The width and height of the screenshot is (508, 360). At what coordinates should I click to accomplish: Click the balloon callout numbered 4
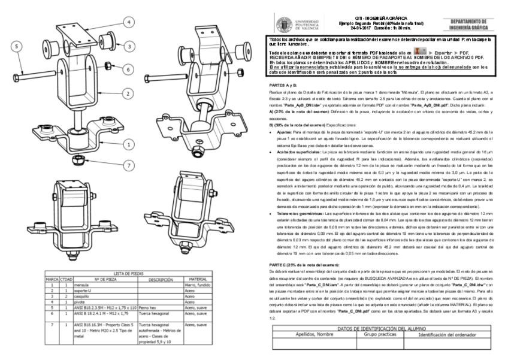[x=128, y=22]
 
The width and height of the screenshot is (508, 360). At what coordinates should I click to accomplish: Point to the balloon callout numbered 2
[x=127, y=93]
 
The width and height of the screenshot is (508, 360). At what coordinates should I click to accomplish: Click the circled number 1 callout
[x=127, y=144]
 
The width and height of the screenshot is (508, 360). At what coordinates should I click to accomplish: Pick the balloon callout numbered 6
[x=127, y=69]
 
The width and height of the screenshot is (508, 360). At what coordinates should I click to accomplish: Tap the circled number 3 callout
[x=127, y=45]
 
